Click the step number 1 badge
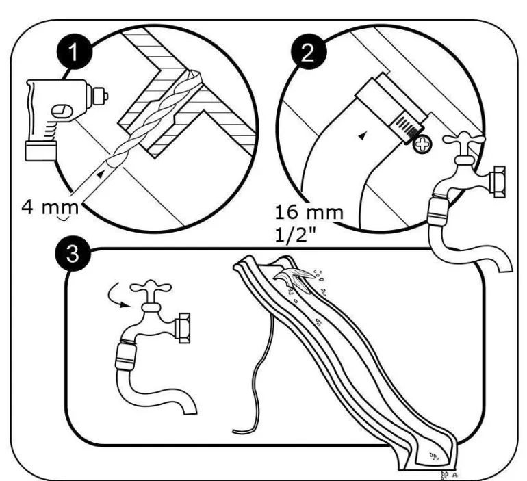75,52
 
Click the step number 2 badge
308,52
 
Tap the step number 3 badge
73,254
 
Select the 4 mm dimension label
50,207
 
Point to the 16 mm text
309,212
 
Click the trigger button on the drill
61,111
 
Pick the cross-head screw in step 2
422,145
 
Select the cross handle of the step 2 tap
464,140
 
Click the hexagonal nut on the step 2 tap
497,182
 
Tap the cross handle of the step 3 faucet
151,288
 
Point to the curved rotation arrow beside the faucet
115,297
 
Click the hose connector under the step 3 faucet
125,356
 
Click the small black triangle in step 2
362,135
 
